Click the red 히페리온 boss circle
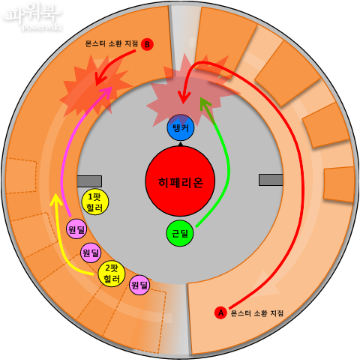(x=180, y=181)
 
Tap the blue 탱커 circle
(x=180, y=127)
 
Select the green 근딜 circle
(x=180, y=233)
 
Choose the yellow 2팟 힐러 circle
(x=112, y=274)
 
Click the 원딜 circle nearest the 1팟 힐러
(x=76, y=229)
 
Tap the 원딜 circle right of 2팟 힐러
(x=139, y=285)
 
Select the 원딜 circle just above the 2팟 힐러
(x=91, y=253)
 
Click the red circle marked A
(x=220, y=313)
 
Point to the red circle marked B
(x=147, y=44)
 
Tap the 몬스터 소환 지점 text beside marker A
(x=256, y=313)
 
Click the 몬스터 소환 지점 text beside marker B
(x=112, y=43)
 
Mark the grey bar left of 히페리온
(x=89, y=181)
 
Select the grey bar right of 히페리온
(x=271, y=180)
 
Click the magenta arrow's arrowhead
(x=106, y=91)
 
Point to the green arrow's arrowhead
(x=205, y=103)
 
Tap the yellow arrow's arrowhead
(x=56, y=200)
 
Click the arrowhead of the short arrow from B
(x=100, y=79)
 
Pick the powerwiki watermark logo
(x=32, y=17)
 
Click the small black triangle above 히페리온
(x=180, y=145)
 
